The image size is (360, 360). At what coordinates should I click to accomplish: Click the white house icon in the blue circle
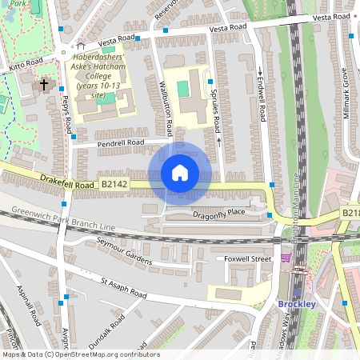click(x=180, y=172)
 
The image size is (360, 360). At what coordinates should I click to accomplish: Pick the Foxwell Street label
click(x=248, y=258)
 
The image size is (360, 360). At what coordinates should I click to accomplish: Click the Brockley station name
click(x=297, y=304)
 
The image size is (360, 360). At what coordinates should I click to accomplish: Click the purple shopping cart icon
click(x=286, y=258)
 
